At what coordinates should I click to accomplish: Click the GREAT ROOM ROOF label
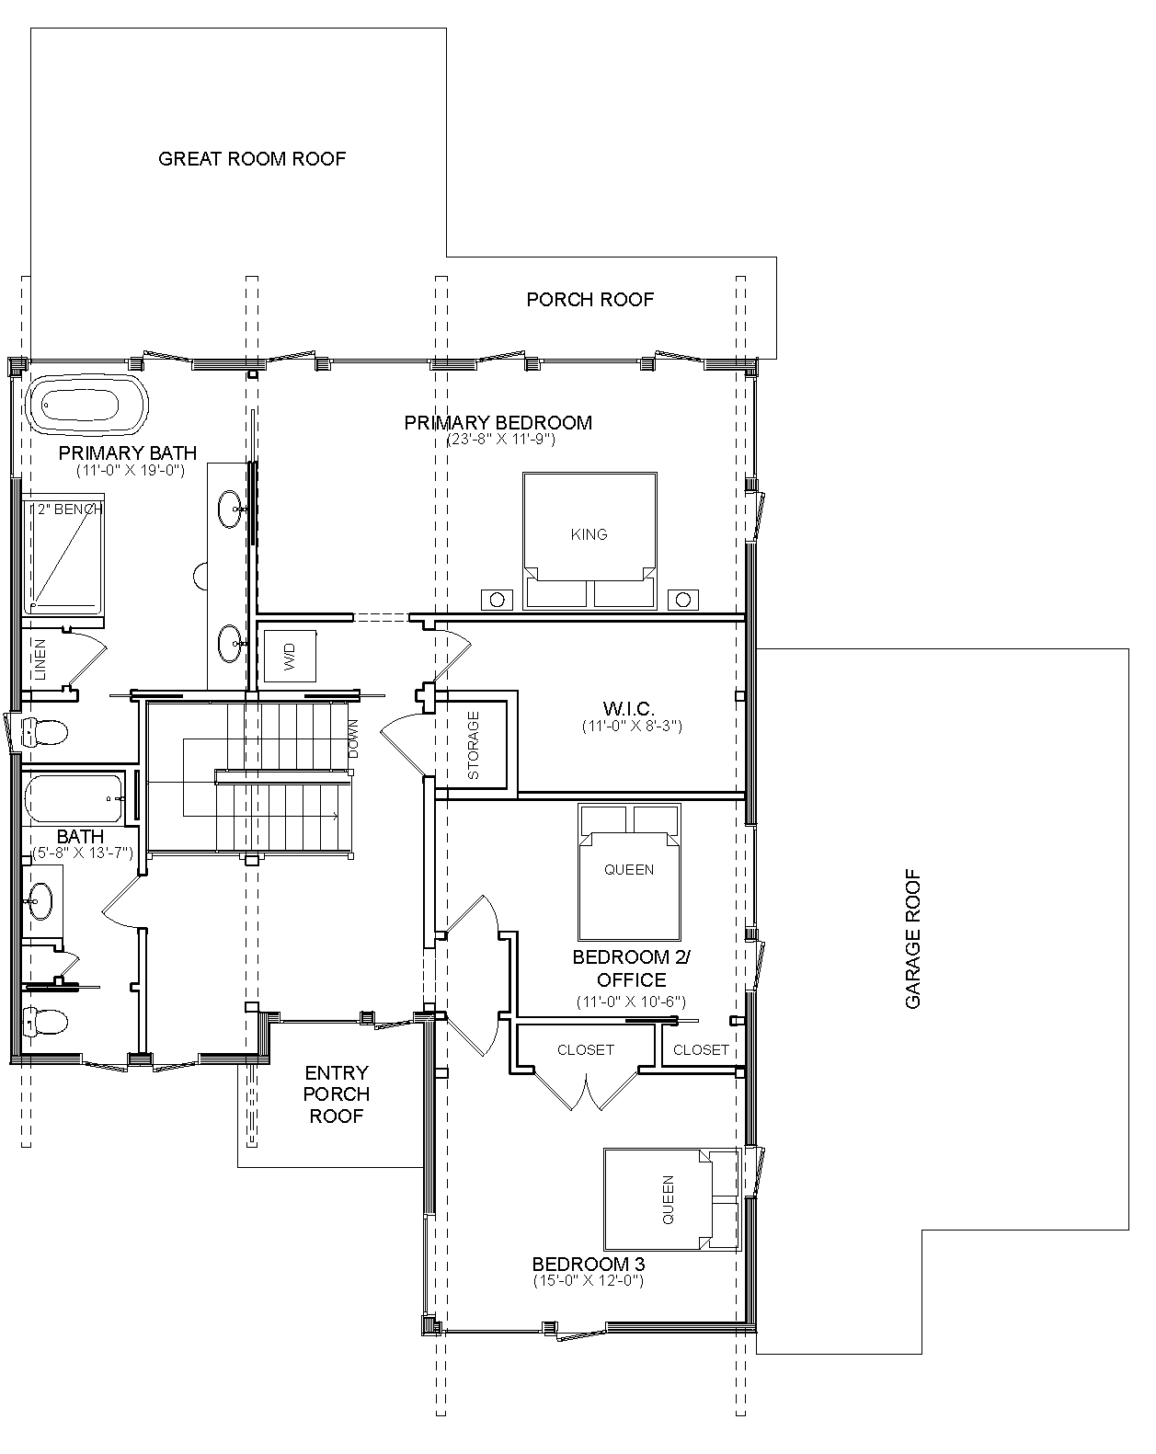coord(252,159)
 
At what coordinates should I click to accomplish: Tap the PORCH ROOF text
coord(589,299)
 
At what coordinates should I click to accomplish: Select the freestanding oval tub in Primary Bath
coord(86,405)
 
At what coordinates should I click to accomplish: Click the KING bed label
coord(589,534)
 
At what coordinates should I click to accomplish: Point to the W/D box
coord(290,656)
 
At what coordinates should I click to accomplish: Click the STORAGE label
coord(473,745)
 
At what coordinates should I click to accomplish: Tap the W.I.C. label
coord(628,709)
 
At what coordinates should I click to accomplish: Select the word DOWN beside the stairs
coord(352,738)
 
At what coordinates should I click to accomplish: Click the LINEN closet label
coord(40,659)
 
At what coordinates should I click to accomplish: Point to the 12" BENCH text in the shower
coord(66,509)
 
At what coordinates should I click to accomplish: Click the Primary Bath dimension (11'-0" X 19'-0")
coord(131,470)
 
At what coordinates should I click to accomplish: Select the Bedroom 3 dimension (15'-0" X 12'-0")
coord(589,1280)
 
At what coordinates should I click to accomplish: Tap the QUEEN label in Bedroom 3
coord(669,1199)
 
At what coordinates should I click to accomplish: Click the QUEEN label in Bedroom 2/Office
coord(629,870)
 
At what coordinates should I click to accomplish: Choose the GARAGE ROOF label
coord(913,939)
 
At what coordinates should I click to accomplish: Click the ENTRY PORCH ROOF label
coord(337,1093)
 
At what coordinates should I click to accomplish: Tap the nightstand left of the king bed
coord(497,600)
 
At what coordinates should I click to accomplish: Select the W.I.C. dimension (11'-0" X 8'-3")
coord(633,726)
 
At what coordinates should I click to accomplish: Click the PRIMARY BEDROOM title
coord(498,423)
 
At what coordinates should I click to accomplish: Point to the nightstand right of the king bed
coord(683,600)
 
